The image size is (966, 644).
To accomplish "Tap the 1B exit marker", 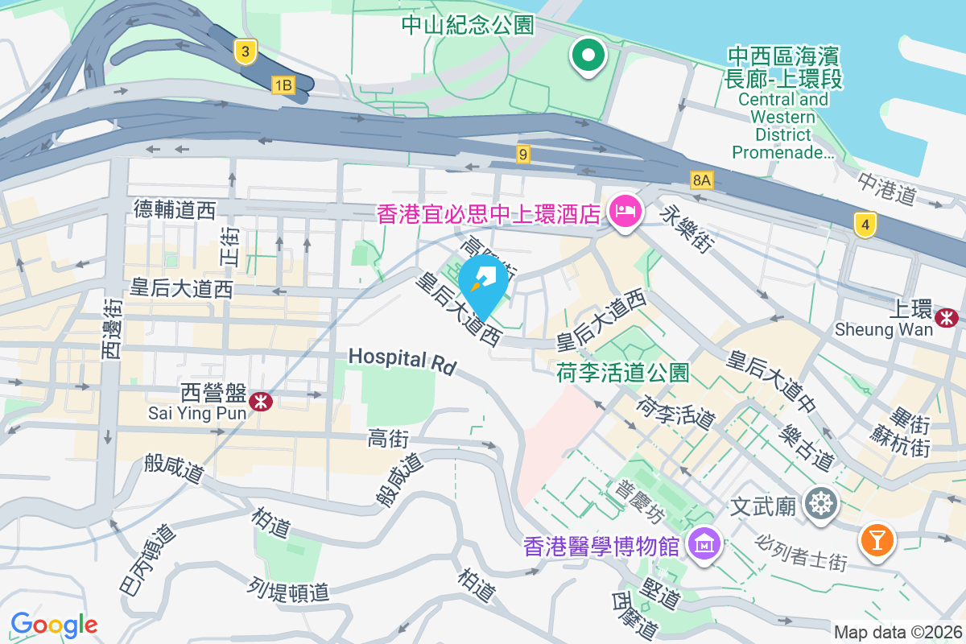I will click(283, 85).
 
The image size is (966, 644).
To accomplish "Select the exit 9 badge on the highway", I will click(523, 154).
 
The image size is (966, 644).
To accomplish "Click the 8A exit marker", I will click(702, 180).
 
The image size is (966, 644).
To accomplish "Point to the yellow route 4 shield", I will click(865, 225).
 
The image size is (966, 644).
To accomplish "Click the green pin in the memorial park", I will click(588, 56).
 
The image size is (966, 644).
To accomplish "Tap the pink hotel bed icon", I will click(625, 213).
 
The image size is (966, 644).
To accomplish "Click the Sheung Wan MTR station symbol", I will click(947, 318).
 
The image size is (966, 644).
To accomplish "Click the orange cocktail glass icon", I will click(877, 539).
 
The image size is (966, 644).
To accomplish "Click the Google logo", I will click(54, 625).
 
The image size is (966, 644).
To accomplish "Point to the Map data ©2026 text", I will click(898, 633).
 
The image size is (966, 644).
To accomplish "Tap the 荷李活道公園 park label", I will click(623, 373).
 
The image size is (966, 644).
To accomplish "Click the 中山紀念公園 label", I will click(468, 25).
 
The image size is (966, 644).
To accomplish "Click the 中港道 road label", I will click(888, 190).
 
